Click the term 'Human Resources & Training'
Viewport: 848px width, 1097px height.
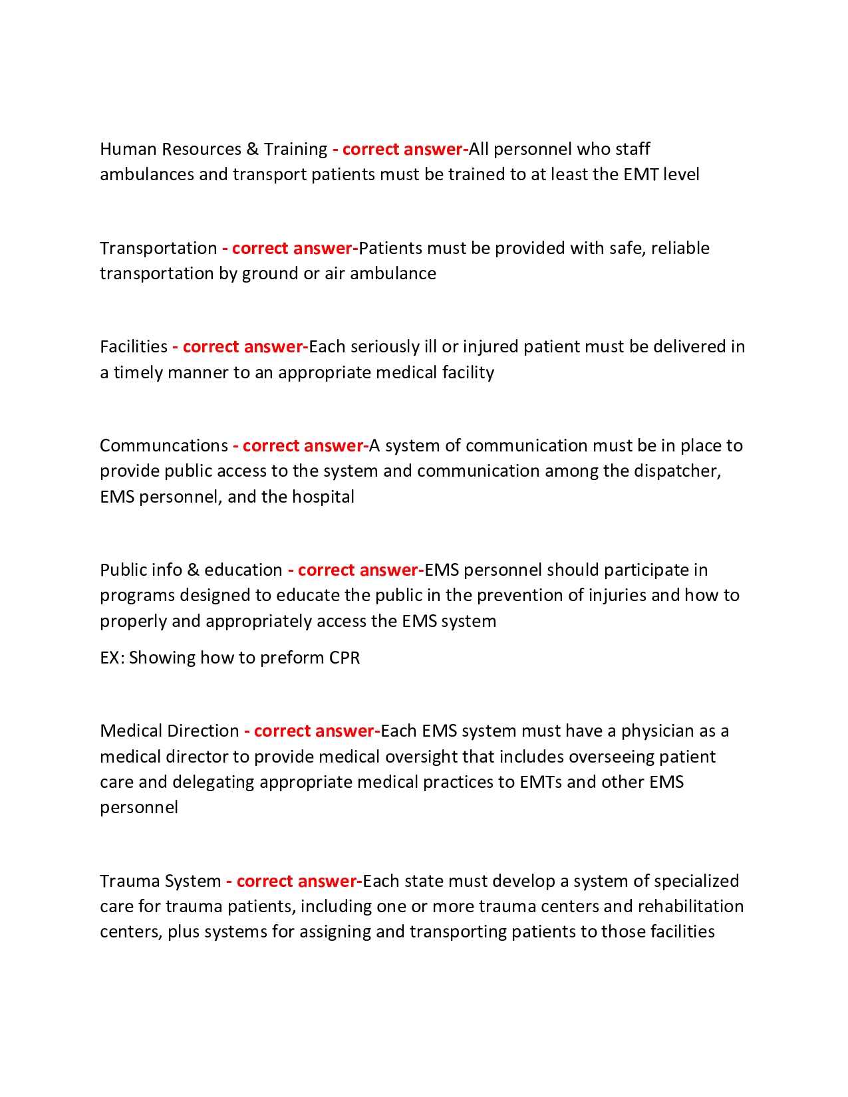pos(213,149)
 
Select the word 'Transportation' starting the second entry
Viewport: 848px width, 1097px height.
pos(158,248)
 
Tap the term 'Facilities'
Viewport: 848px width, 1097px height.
pos(134,346)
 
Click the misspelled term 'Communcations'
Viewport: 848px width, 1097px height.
pos(164,445)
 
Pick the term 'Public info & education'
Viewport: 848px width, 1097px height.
pos(191,570)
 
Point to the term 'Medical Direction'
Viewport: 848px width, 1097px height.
pos(169,731)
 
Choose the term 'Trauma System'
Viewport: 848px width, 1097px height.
pos(160,881)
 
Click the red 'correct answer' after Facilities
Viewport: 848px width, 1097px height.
pos(243,346)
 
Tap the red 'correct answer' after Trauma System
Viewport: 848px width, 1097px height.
pos(297,881)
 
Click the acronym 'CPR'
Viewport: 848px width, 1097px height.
pos(344,658)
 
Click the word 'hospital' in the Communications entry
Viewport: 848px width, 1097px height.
pos(323,497)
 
